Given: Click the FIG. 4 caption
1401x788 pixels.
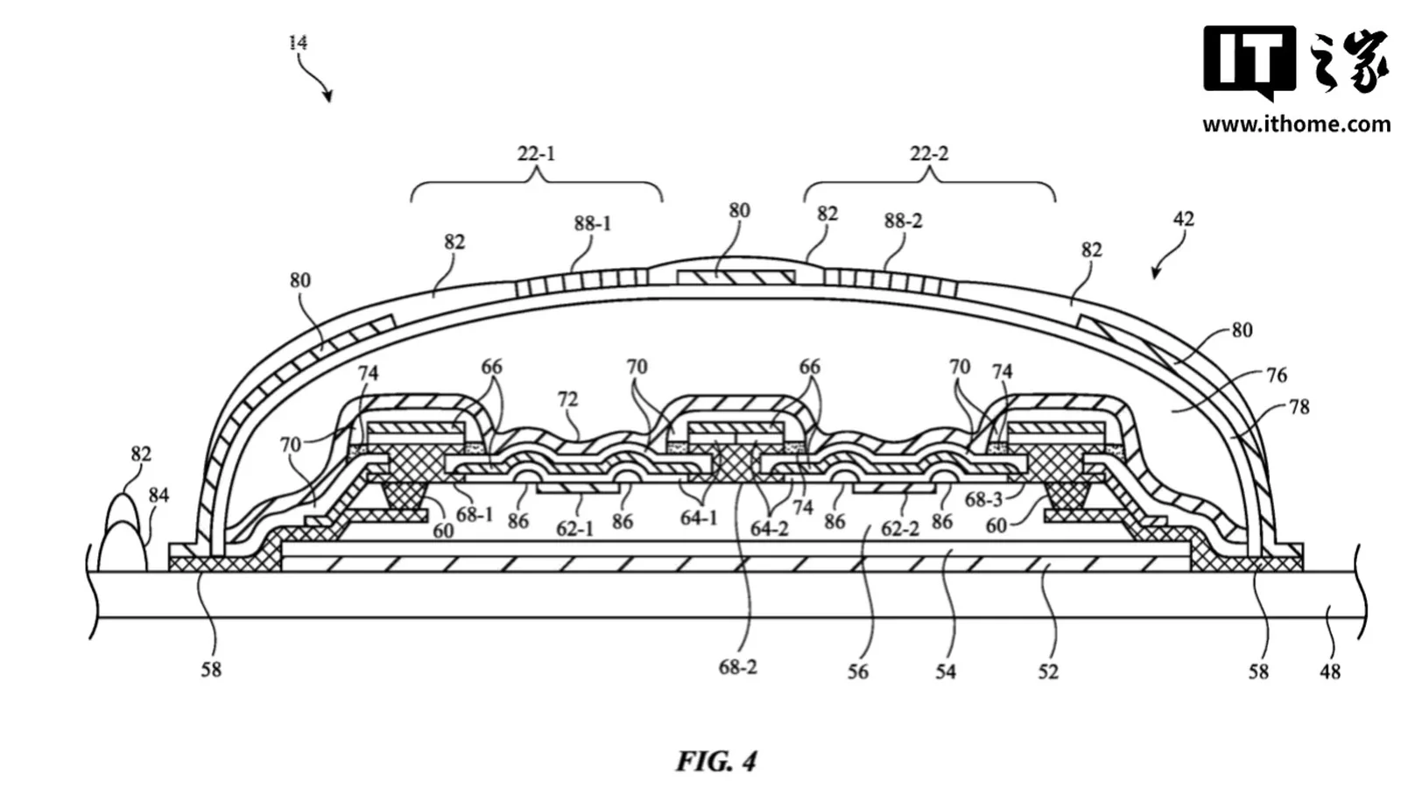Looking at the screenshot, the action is pos(717,761).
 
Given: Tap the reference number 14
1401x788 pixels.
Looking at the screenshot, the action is pos(299,43).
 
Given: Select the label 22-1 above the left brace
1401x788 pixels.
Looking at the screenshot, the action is pos(537,153).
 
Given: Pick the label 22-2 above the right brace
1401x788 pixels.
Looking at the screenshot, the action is pos(929,153).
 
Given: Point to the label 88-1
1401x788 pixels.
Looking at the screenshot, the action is pos(592,223).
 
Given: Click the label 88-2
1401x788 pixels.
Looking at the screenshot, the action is pos(903,221).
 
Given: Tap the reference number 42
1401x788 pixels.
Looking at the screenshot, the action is pos(1183,219).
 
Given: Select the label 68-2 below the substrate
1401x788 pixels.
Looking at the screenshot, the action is pos(738,667).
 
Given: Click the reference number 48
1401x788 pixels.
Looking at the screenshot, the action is pos(1330,672).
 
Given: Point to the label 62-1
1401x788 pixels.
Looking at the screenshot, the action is pos(574,529).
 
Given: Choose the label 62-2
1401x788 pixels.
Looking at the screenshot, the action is pos(900,529).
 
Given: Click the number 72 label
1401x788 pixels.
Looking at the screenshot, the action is pos(567,399).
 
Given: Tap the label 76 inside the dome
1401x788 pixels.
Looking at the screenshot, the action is pos(1277,375).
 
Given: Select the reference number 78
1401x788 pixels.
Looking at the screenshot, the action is pos(1299,407).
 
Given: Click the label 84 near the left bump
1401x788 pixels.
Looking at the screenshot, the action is pos(158,496).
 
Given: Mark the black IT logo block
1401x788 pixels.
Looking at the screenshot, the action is pos(1250,61).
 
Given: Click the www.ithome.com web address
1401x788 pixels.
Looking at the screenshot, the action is pos(1297,124).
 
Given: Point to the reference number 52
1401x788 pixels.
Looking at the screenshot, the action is pos(1048,672).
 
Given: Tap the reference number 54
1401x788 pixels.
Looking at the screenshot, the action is pos(946,672).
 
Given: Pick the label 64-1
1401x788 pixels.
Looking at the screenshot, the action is pos(699,517).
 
